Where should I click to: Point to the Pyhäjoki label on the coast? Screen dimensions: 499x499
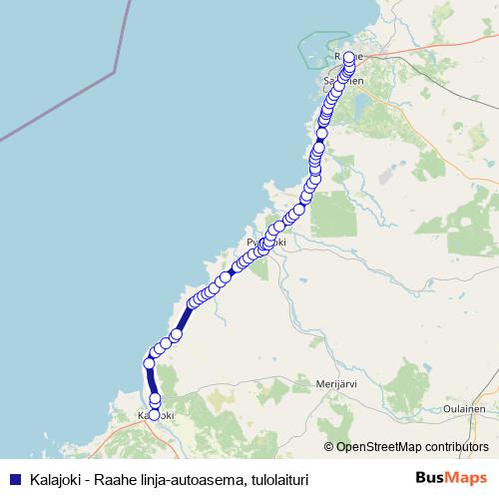click(x=266, y=243)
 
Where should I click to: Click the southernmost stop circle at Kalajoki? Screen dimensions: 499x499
click(x=154, y=415)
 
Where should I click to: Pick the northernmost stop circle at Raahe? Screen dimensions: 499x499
click(x=348, y=57)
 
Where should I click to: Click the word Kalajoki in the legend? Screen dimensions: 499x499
click(x=50, y=479)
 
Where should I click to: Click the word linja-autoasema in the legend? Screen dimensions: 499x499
click(x=186, y=479)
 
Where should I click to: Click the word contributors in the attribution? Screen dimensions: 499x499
click(x=457, y=446)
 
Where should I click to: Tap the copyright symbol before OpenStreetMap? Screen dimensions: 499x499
click(x=330, y=446)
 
